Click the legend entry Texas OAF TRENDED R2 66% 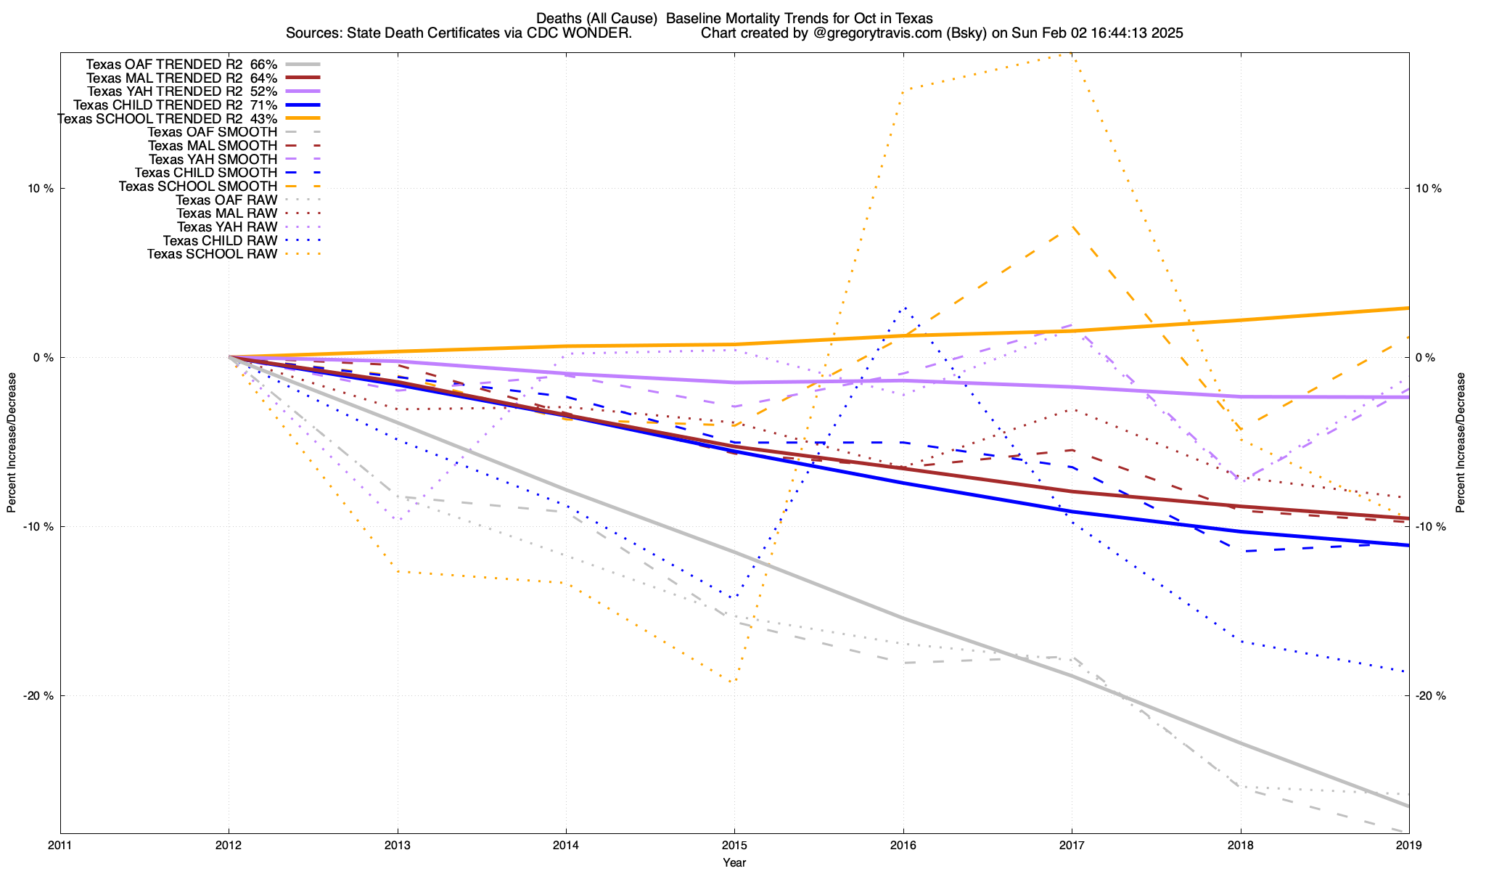(x=181, y=65)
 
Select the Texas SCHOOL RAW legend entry (x=212, y=254)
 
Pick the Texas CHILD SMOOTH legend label (x=206, y=173)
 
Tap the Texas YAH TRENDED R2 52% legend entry (x=182, y=91)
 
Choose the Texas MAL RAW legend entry (x=226, y=213)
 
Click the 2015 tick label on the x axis (x=734, y=846)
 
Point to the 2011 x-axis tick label (x=60, y=846)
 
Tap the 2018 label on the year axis (x=1240, y=846)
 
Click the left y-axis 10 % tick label (x=40, y=189)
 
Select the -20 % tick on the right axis (x=1430, y=696)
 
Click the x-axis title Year (x=734, y=862)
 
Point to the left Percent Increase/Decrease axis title (x=12, y=443)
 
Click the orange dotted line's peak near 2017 (x=1072, y=54)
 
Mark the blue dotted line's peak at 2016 (x=903, y=308)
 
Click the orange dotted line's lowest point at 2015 (x=734, y=682)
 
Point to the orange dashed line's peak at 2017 (x=1072, y=227)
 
